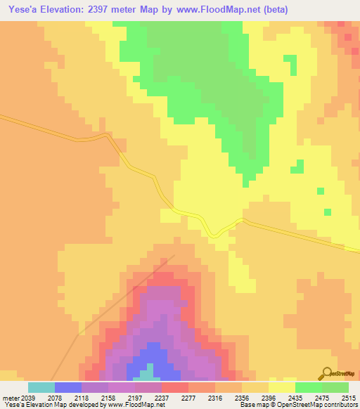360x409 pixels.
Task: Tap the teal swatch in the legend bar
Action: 41,387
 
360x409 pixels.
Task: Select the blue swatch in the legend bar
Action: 67,387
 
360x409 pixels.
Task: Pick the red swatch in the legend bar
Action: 174,387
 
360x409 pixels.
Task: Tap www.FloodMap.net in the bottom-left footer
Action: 135,405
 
